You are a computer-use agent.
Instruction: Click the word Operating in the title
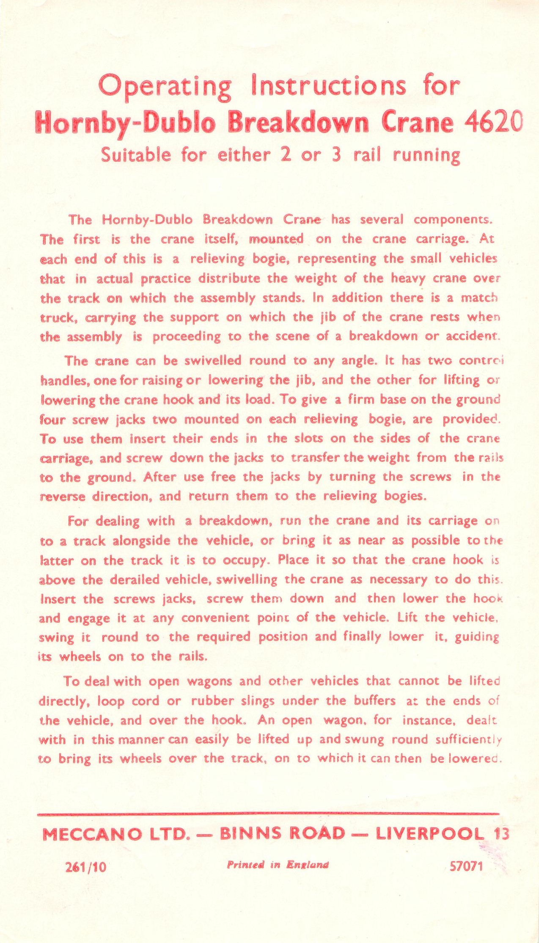(165, 87)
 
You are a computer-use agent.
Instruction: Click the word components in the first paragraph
(451, 220)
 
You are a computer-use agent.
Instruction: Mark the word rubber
(212, 701)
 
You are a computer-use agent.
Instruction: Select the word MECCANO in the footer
(92, 834)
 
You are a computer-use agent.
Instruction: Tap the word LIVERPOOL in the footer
(429, 834)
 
